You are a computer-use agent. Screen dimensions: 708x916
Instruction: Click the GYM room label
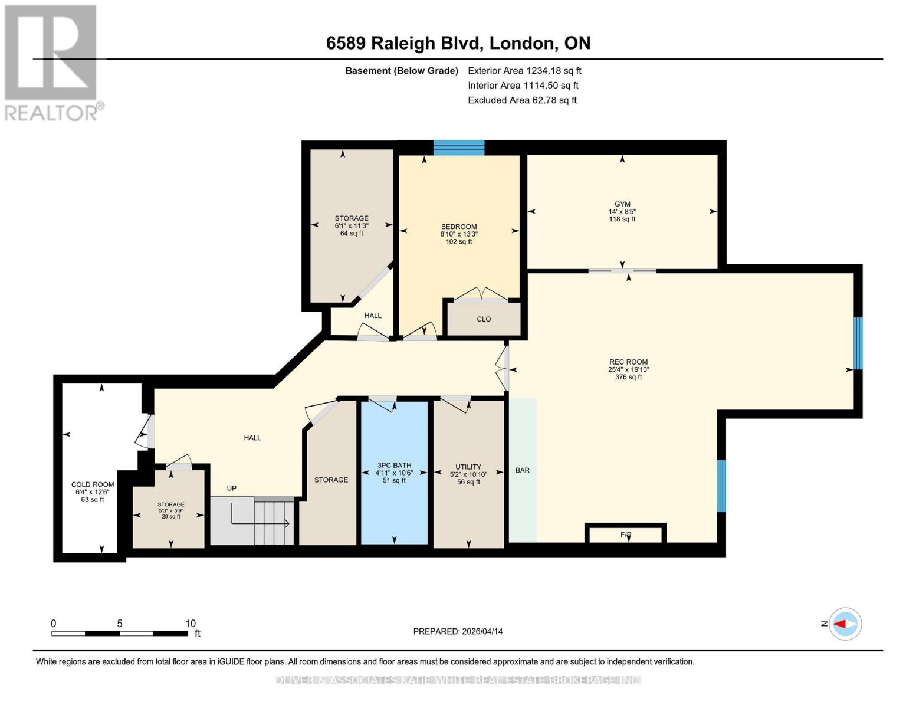pyautogui.click(x=622, y=204)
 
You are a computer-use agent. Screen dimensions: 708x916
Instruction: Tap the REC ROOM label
pyautogui.click(x=628, y=362)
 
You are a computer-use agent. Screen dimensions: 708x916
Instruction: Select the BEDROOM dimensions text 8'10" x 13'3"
pyautogui.click(x=459, y=234)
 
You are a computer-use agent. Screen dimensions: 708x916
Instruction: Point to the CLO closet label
pyautogui.click(x=484, y=319)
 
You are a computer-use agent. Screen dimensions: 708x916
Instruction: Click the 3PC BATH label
pyautogui.click(x=394, y=466)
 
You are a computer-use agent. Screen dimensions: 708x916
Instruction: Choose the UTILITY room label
pyautogui.click(x=468, y=467)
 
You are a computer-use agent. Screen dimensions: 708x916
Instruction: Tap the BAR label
pyautogui.click(x=523, y=471)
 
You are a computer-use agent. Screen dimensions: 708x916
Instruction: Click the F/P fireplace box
pyautogui.click(x=626, y=535)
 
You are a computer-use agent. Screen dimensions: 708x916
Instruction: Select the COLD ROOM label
pyautogui.click(x=93, y=484)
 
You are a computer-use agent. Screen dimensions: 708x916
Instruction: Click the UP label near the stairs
pyautogui.click(x=232, y=489)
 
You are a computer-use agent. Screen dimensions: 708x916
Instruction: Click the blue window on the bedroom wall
pyautogui.click(x=459, y=147)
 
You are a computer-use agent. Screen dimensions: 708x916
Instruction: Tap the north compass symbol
pyautogui.click(x=845, y=624)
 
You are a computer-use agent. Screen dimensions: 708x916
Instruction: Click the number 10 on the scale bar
pyautogui.click(x=190, y=624)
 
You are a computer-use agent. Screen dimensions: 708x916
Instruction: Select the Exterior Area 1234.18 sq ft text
pyautogui.click(x=524, y=71)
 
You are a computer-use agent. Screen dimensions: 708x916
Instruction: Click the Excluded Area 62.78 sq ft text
pyautogui.click(x=522, y=100)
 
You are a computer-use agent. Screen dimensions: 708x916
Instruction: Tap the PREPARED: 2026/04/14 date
pyautogui.click(x=458, y=631)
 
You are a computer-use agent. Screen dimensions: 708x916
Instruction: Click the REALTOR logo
pyautogui.click(x=52, y=63)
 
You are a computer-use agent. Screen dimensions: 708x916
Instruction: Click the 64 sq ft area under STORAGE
pyautogui.click(x=352, y=234)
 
